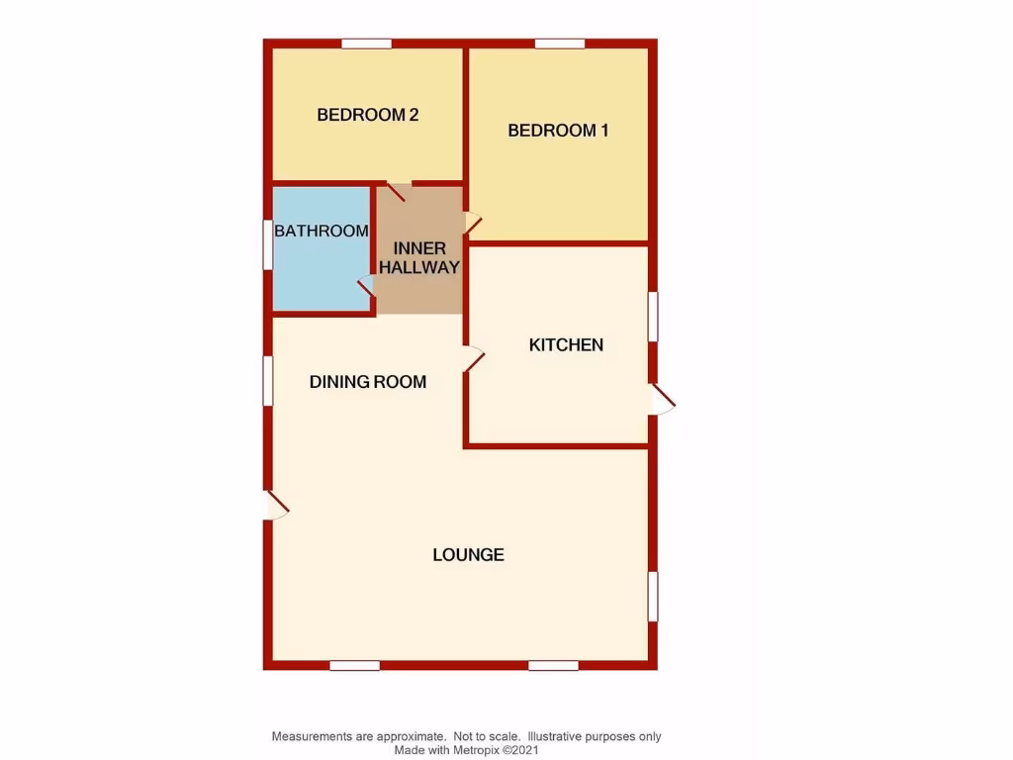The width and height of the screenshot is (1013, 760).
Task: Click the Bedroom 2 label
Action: (367, 115)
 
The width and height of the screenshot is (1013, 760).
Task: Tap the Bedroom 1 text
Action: (558, 131)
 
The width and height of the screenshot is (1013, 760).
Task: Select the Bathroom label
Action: (322, 232)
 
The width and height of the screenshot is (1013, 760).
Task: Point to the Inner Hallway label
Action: (419, 257)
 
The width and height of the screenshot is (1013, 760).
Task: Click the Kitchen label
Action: (566, 345)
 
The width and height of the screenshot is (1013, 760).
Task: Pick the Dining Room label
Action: (368, 382)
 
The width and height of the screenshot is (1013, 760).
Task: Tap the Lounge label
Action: (468, 555)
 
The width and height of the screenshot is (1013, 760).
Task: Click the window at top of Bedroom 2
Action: (366, 44)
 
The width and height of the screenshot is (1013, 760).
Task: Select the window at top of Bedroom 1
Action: (560, 44)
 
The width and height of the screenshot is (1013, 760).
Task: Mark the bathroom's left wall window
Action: (267, 244)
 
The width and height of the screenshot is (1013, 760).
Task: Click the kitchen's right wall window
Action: (653, 317)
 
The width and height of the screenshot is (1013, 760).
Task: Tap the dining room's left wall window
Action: (267, 381)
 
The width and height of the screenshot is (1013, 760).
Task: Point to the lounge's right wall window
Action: (653, 597)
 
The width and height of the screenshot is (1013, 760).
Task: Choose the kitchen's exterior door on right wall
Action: (661, 400)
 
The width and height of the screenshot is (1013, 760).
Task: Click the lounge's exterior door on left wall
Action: (275, 506)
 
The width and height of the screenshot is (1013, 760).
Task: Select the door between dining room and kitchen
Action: (473, 358)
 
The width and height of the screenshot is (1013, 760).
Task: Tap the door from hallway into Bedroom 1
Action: (473, 225)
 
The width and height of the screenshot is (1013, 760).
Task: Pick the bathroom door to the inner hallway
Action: (366, 287)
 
